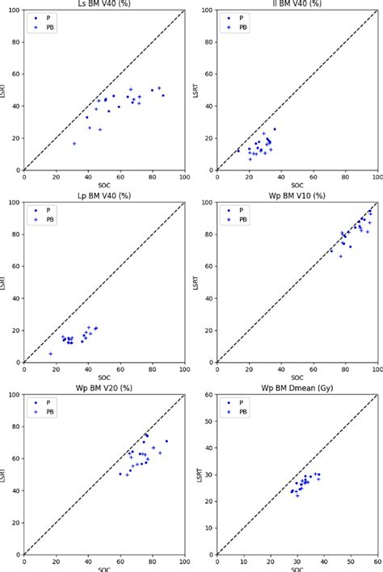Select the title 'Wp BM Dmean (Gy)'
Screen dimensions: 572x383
[x=297, y=386]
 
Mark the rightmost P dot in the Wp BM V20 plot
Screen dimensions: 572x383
[x=166, y=441]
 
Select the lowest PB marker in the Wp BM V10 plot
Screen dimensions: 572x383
[x=341, y=256]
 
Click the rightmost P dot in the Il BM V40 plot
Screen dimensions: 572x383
[x=274, y=129]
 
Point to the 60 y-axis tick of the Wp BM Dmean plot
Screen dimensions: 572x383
[x=209, y=395]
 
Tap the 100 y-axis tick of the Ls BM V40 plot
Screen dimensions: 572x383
[x=15, y=11]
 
